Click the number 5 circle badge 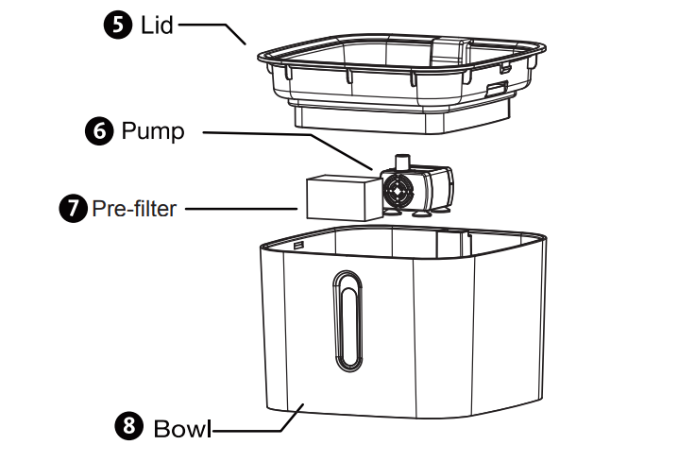click(117, 25)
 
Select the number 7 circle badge click(73, 208)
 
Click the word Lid click(157, 25)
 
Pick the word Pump click(153, 131)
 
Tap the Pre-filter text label click(133, 208)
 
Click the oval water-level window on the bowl click(345, 321)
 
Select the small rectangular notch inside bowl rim click(298, 244)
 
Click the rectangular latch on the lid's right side click(496, 89)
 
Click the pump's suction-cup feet click(415, 215)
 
